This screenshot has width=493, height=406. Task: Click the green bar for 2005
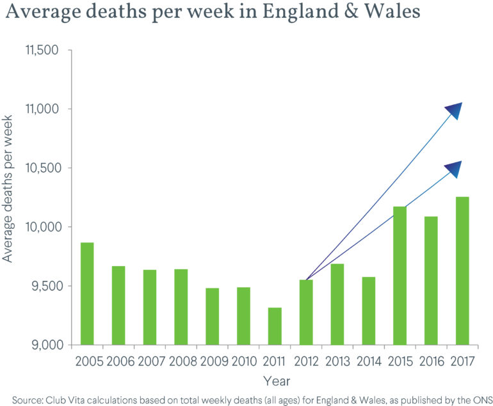(x=86, y=293)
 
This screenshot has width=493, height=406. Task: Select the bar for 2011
(x=274, y=326)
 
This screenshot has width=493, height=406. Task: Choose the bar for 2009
(x=212, y=316)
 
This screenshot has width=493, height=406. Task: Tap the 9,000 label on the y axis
(x=44, y=345)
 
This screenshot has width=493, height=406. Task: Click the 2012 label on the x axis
(x=305, y=361)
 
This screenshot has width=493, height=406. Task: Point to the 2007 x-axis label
(x=149, y=361)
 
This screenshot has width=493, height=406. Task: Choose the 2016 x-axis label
(x=430, y=361)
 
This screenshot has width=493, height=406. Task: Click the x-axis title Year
(x=275, y=381)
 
